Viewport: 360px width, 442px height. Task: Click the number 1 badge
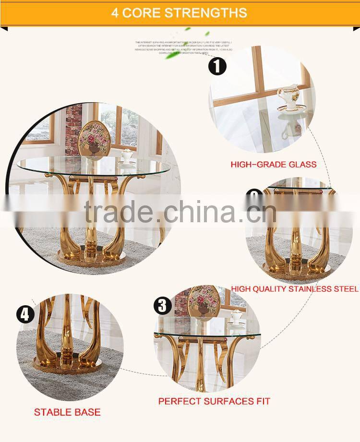click(x=217, y=66)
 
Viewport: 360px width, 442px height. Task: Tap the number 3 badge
click(x=163, y=306)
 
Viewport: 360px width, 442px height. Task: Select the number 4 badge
click(x=25, y=315)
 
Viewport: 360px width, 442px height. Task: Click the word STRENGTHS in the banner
click(x=206, y=12)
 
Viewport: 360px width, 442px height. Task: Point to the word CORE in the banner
click(x=142, y=12)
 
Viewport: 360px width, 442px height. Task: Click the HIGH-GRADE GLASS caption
click(x=274, y=165)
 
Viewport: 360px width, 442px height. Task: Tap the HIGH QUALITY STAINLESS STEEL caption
click(x=295, y=289)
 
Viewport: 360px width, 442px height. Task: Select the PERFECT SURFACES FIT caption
click(x=214, y=401)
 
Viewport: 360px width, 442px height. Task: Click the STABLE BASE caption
click(x=67, y=412)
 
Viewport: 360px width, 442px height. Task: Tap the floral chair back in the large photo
click(x=95, y=137)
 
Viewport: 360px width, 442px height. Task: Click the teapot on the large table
click(x=127, y=155)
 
